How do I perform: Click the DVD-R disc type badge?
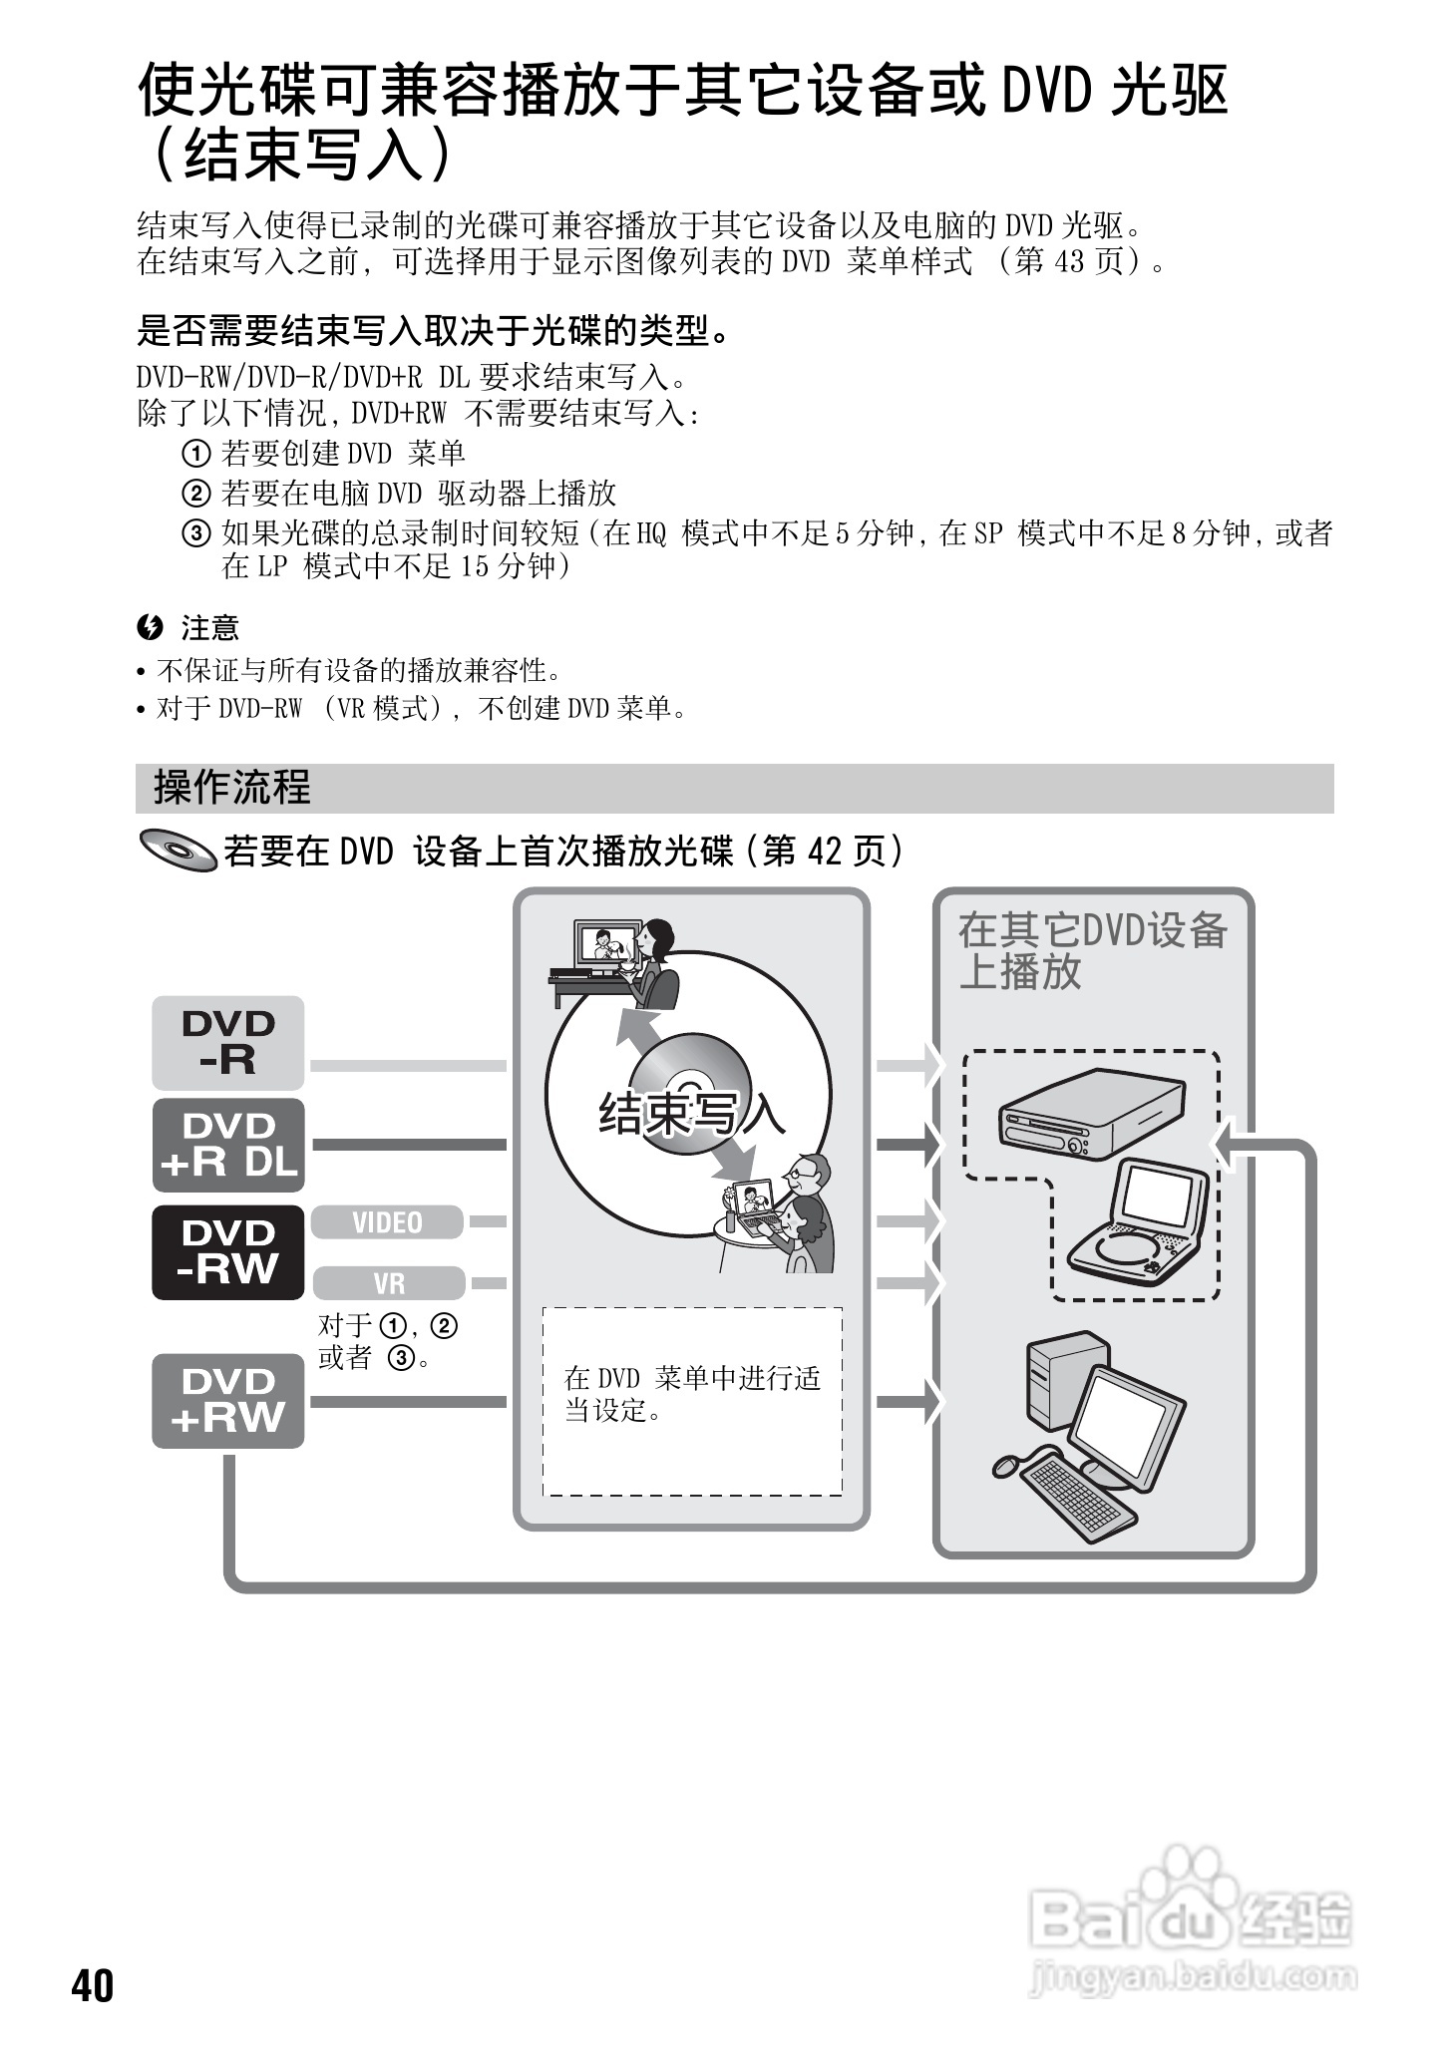[x=227, y=1042]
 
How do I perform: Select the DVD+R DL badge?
[x=227, y=1145]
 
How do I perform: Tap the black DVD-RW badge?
[x=227, y=1251]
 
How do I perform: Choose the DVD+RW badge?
[x=227, y=1400]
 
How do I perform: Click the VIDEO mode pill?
[x=387, y=1222]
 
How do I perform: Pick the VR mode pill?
[x=389, y=1283]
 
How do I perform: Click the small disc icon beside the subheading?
[x=179, y=851]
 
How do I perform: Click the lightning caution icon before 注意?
[x=151, y=627]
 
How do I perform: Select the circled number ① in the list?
[x=195, y=455]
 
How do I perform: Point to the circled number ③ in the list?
[x=195, y=533]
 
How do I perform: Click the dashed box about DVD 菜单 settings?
[x=692, y=1400]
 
